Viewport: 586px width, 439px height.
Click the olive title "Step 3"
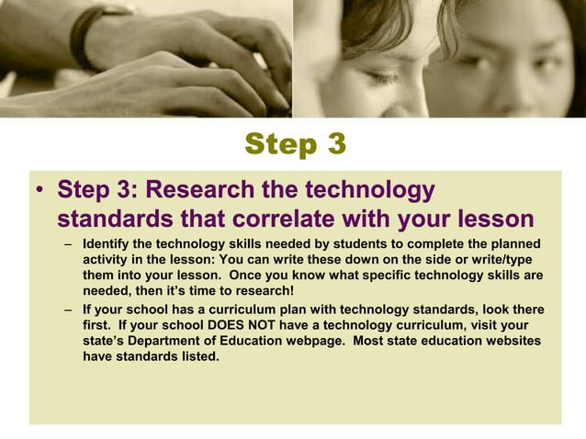[x=296, y=144]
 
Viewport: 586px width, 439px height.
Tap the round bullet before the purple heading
[x=39, y=192]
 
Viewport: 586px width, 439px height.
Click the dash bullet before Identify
[x=70, y=244]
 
